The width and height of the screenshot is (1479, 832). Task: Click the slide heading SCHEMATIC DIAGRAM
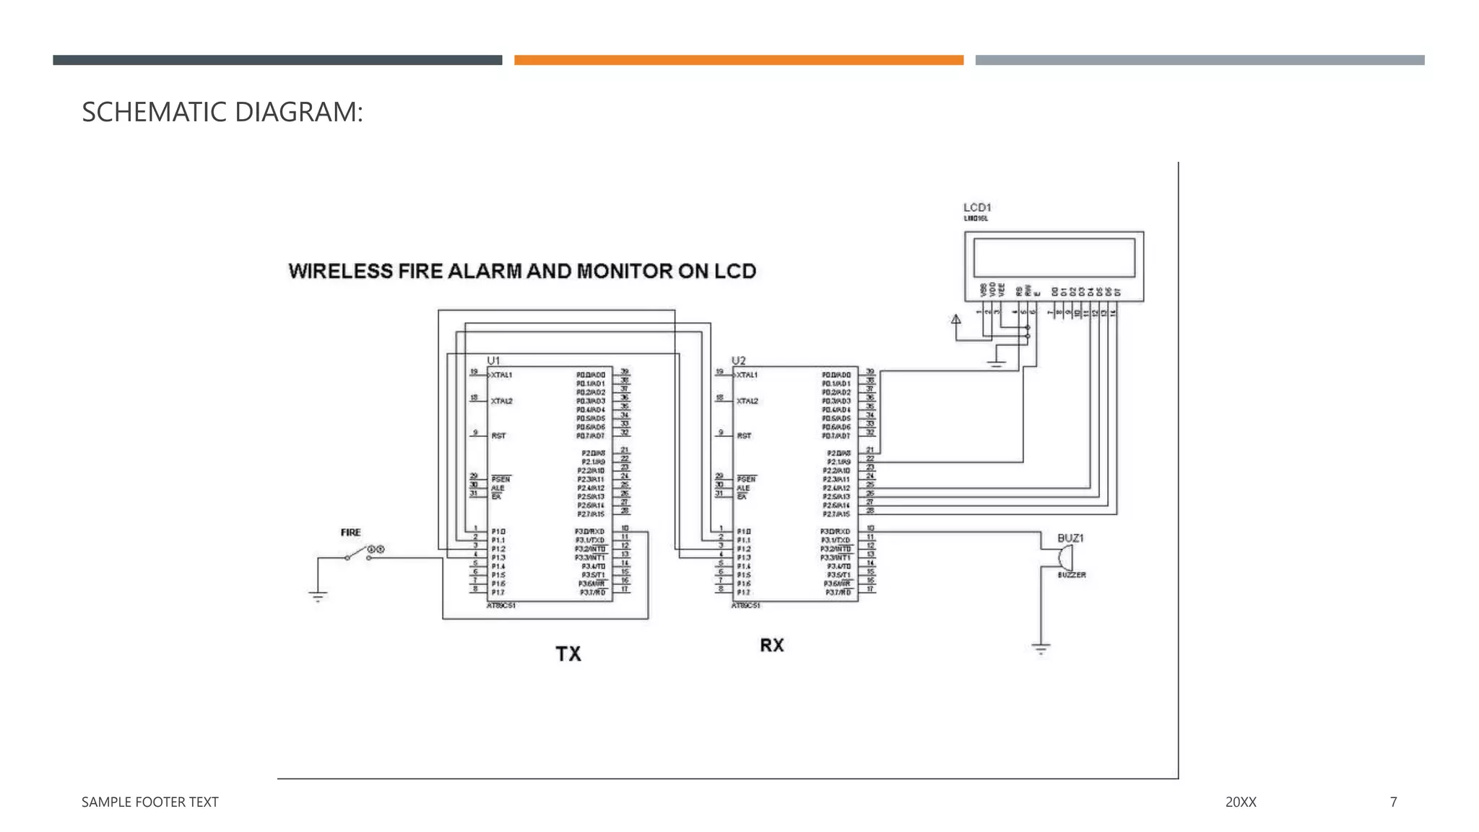pyautogui.click(x=222, y=112)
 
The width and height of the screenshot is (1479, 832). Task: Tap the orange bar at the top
pyautogui.click(x=738, y=60)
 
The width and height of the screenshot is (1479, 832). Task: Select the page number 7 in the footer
pyautogui.click(x=1393, y=802)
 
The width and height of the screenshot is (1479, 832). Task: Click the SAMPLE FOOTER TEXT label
pyautogui.click(x=149, y=802)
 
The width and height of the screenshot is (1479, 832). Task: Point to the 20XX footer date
pyautogui.click(x=1241, y=802)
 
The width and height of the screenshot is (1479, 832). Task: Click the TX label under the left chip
pyautogui.click(x=568, y=654)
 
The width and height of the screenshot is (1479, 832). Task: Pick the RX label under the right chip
pyautogui.click(x=771, y=645)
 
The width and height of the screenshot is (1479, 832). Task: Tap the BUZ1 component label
pyautogui.click(x=1070, y=538)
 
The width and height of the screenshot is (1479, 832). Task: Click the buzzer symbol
pyautogui.click(x=1065, y=558)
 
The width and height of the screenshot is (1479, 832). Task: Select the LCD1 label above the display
pyautogui.click(x=977, y=207)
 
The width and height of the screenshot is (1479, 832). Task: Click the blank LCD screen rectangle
pyautogui.click(x=1054, y=258)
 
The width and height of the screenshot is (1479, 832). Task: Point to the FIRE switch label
pyautogui.click(x=350, y=532)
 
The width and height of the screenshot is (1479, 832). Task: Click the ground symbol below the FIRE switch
pyautogui.click(x=318, y=596)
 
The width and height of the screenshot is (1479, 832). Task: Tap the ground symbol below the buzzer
pyautogui.click(x=1041, y=649)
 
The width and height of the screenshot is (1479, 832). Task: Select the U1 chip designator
pyautogui.click(x=493, y=360)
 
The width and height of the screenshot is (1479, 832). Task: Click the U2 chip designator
pyautogui.click(x=738, y=360)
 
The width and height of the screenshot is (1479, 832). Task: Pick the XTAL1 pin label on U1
pyautogui.click(x=501, y=375)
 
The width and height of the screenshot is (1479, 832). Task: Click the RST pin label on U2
pyautogui.click(x=744, y=435)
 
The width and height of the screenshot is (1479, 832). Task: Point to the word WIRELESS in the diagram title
pyautogui.click(x=340, y=271)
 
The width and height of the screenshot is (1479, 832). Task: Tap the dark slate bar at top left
pyautogui.click(x=277, y=60)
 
